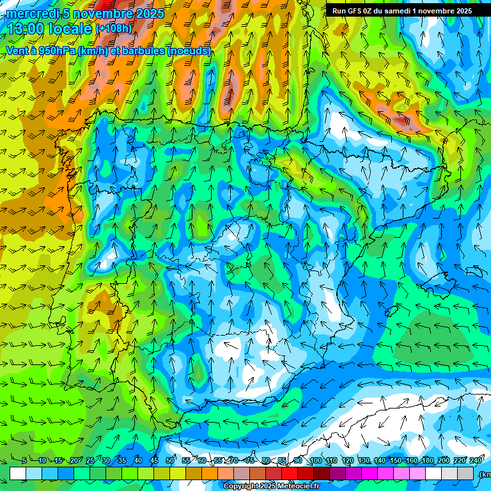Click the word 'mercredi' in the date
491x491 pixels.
(32, 13)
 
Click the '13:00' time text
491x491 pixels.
(26, 29)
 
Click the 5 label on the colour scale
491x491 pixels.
(24, 460)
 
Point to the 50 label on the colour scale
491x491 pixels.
(169, 460)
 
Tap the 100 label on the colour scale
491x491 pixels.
(315, 460)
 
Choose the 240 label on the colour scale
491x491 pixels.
(476, 460)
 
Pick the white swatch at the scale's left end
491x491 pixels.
(18, 473)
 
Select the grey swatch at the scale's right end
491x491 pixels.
(465, 473)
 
